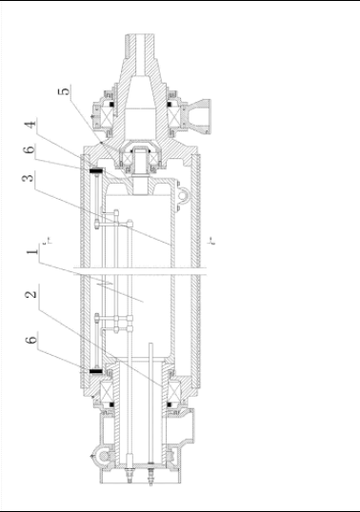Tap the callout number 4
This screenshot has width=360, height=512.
(x=30, y=125)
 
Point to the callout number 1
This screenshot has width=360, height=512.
(x=32, y=252)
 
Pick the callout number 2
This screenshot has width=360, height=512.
(x=31, y=294)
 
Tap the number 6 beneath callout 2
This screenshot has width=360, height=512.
(x=31, y=340)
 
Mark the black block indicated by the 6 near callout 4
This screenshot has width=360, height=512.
(x=96, y=170)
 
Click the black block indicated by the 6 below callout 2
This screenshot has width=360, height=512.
(x=96, y=371)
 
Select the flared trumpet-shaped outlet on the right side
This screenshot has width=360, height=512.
(x=199, y=115)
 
